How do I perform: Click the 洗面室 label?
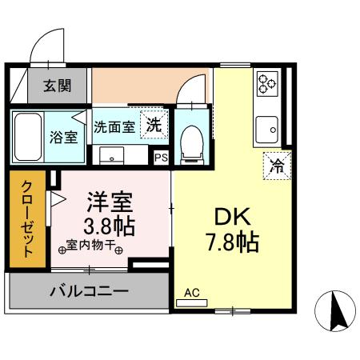tap(114, 126)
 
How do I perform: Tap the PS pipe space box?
tap(161, 158)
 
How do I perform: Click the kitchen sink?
tap(266, 126)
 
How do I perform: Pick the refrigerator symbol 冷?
tap(277, 166)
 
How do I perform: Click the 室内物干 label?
tap(90, 248)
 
